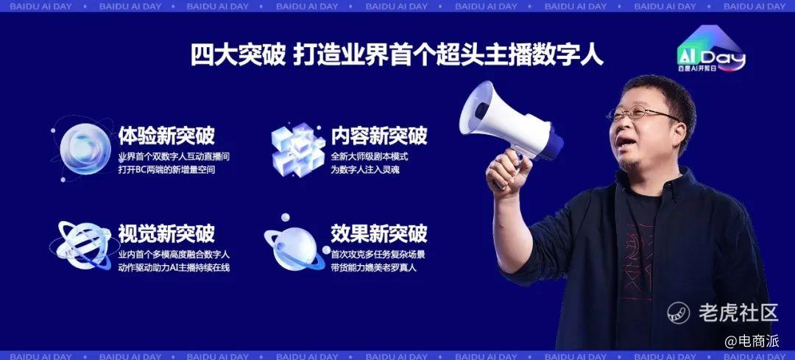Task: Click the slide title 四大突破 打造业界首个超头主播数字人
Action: pos(397,55)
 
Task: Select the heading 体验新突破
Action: pos(166,135)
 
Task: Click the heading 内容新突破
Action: pos(379,135)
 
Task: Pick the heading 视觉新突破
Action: pos(166,233)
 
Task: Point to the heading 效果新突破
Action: pos(379,233)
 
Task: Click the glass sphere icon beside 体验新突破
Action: pos(84,149)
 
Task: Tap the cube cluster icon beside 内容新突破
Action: pos(298,148)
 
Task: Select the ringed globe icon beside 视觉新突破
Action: pos(81,245)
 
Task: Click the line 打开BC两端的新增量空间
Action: pos(166,170)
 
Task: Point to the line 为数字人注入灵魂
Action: pos(365,170)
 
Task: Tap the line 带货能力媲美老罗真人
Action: pos(374,267)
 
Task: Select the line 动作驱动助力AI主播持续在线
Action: pos(174,267)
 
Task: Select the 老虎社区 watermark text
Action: pos(738,312)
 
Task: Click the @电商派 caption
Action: pos(752,341)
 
